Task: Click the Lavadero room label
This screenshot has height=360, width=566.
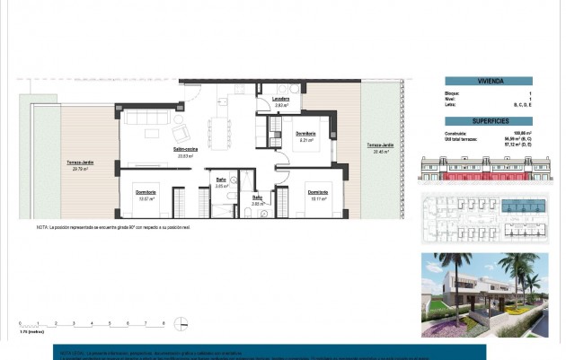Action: pyautogui.click(x=281, y=100)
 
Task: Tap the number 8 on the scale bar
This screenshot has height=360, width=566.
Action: pyautogui.click(x=163, y=321)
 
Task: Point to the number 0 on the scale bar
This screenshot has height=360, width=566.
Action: pyautogui.click(x=19, y=321)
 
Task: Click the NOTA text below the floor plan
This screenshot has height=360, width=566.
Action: pyautogui.click(x=126, y=227)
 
